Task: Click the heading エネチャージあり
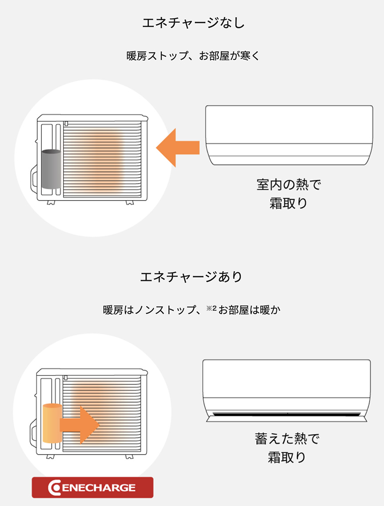tap(192, 277)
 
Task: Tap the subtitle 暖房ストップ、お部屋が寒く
tap(192, 57)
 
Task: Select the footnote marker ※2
tap(211, 308)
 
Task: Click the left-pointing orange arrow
tap(177, 148)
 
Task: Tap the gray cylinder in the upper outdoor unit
tap(51, 169)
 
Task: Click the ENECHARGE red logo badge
tap(92, 487)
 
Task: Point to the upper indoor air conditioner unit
tap(289, 135)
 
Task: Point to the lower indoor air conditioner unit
tap(287, 387)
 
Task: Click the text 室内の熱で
tap(288, 185)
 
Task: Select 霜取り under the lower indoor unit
tap(287, 457)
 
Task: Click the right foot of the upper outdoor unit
tap(130, 202)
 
